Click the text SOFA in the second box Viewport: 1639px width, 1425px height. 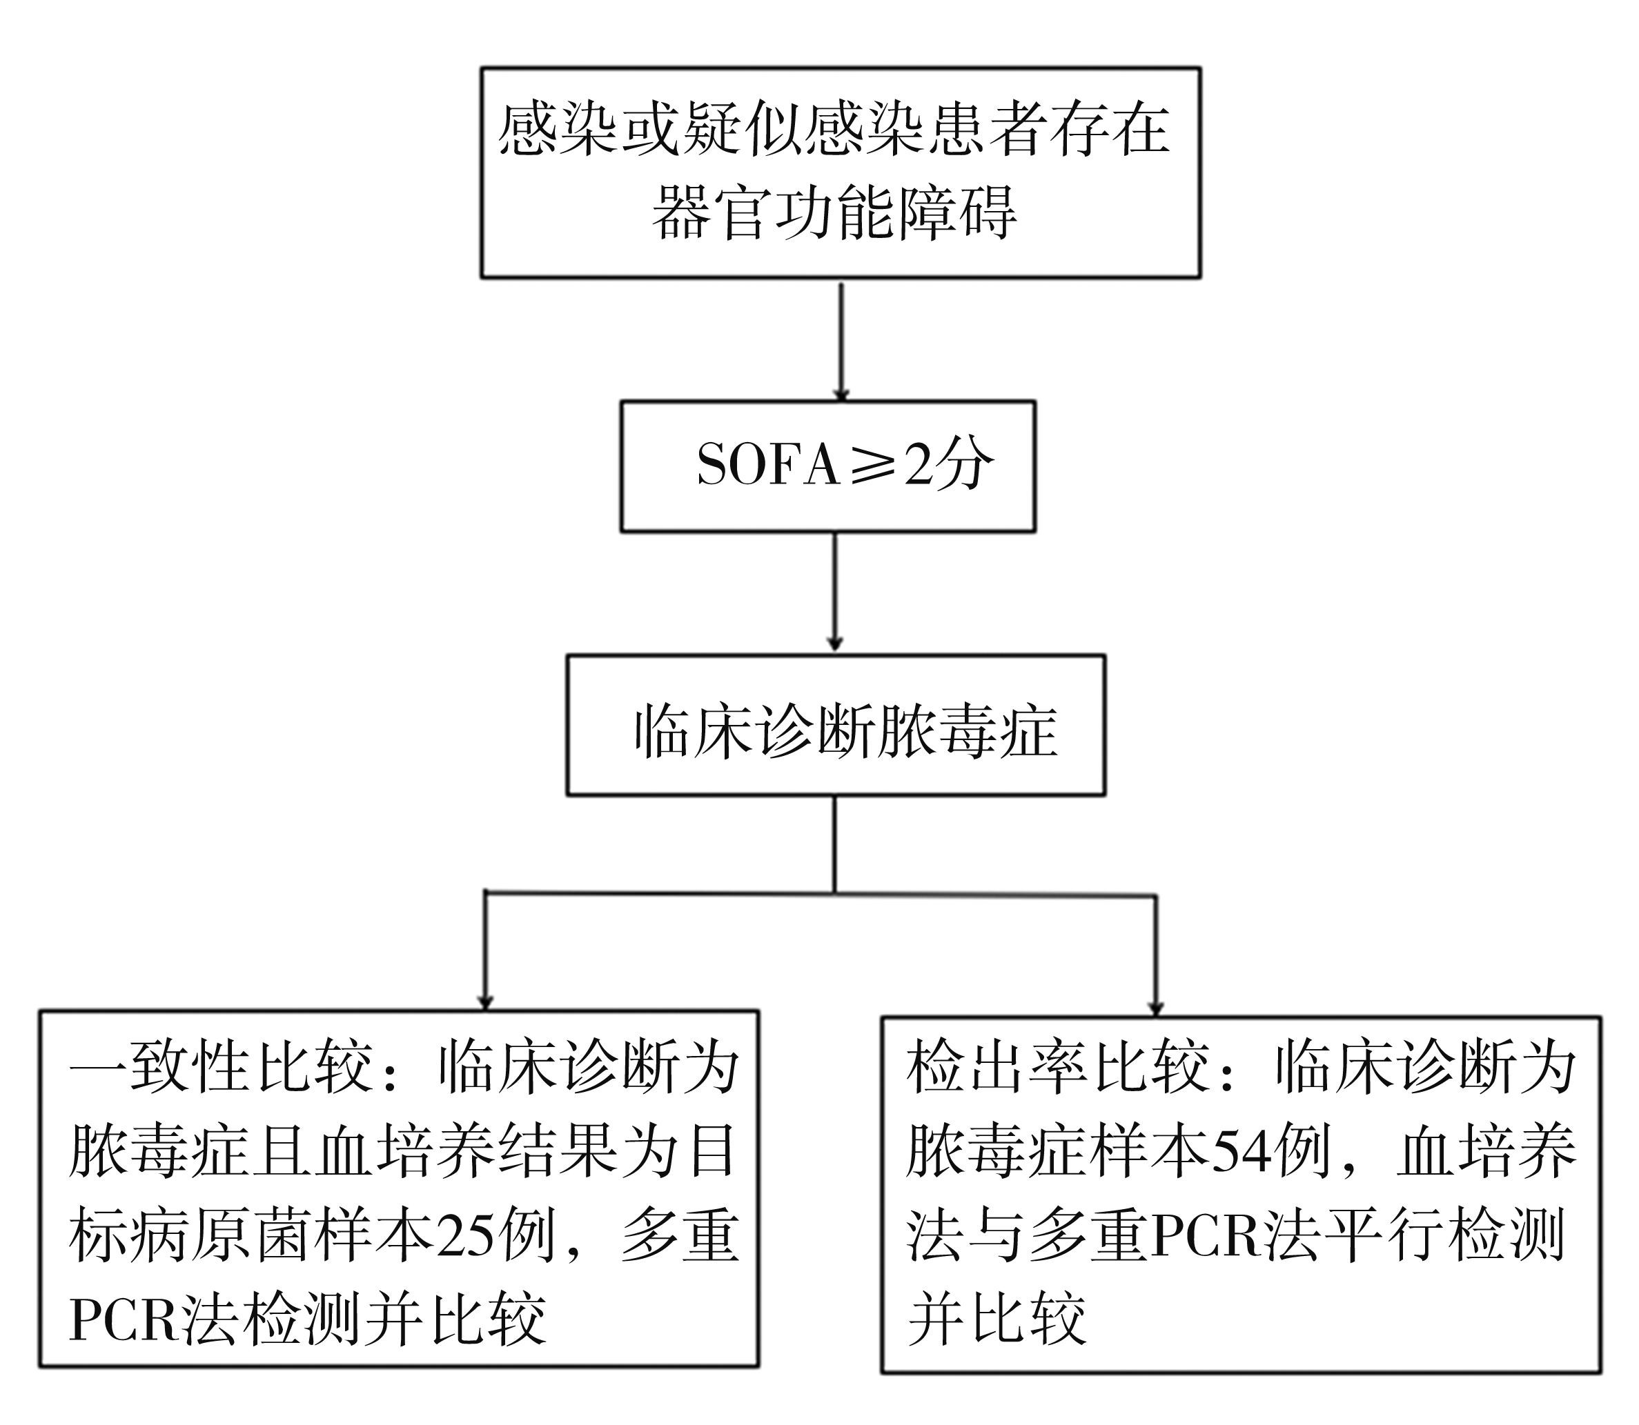[768, 464]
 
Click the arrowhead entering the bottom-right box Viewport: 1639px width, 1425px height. [1156, 1008]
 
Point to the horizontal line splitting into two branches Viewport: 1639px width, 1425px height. [820, 894]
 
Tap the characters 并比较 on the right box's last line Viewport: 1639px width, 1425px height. [997, 1321]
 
